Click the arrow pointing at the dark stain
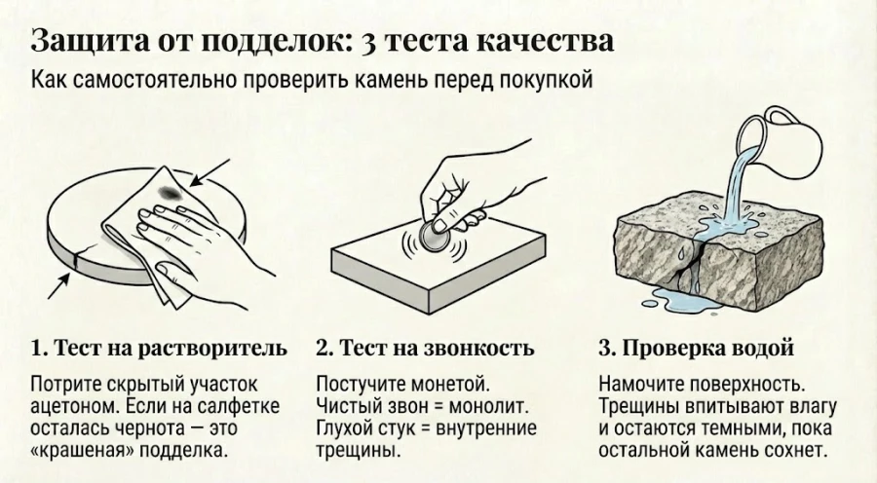206,171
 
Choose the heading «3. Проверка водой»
696,349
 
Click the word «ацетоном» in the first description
73,404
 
